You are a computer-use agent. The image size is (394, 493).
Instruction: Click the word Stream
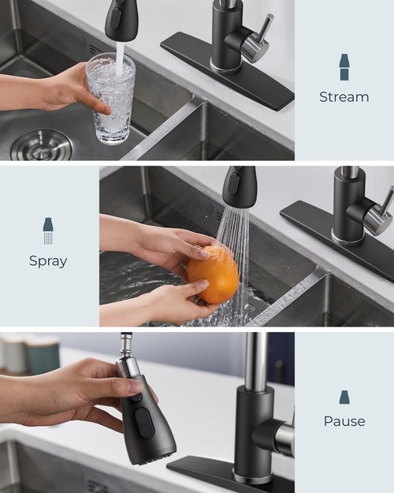344,97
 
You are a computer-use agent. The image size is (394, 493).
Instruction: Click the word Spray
48,261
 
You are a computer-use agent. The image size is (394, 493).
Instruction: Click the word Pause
344,421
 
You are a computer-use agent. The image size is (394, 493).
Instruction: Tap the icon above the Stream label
344,68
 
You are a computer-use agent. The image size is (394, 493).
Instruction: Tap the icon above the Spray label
48,231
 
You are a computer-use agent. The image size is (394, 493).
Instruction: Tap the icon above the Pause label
344,397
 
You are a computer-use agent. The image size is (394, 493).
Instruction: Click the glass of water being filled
111,99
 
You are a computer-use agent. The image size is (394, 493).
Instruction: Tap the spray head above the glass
121,20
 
